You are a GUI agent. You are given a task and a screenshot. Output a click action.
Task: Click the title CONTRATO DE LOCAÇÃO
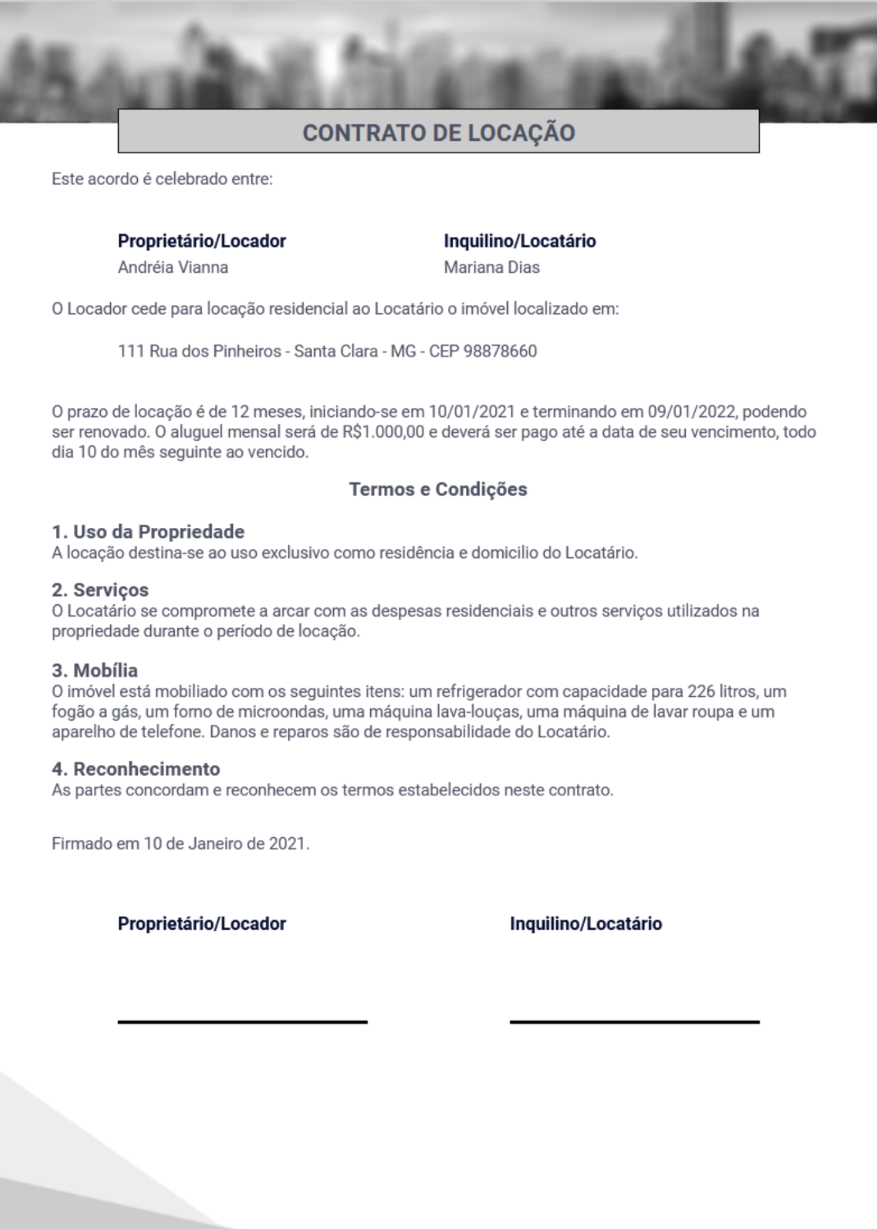click(438, 132)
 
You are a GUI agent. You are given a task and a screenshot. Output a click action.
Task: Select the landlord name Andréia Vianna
click(173, 268)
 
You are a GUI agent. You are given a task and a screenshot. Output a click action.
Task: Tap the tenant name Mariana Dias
click(491, 268)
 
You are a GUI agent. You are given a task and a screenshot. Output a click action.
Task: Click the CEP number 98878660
click(501, 351)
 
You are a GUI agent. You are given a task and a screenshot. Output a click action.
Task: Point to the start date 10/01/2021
click(472, 412)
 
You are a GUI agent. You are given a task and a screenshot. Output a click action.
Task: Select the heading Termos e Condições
click(438, 489)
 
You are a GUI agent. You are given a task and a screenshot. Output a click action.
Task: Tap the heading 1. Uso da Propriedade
click(148, 532)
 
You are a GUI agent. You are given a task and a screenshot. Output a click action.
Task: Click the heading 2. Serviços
click(100, 590)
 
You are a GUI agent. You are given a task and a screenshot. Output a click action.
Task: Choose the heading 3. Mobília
click(94, 671)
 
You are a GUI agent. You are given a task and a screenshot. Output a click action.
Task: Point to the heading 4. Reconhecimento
click(135, 769)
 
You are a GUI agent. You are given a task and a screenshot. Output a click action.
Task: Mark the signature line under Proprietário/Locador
click(242, 1021)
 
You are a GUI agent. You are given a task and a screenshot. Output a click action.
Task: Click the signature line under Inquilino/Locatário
click(635, 1021)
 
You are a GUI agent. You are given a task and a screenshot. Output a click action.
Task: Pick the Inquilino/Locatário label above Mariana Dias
click(520, 241)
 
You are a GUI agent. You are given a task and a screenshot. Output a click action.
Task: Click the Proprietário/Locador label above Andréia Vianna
click(202, 241)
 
